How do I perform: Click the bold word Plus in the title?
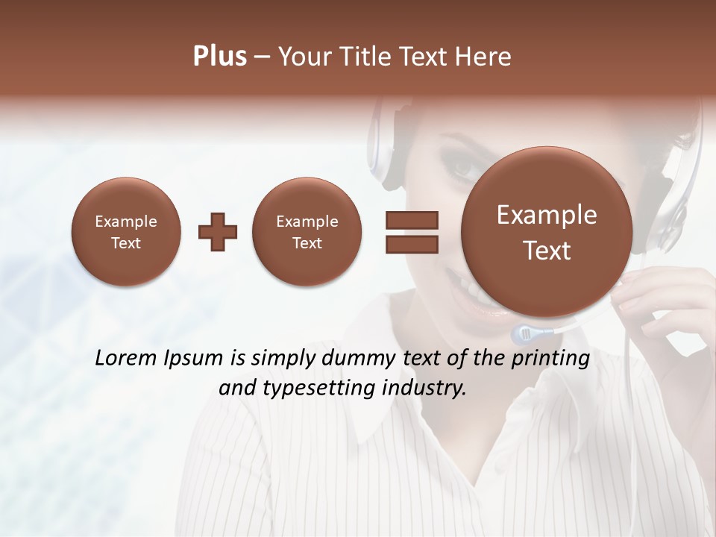(219, 57)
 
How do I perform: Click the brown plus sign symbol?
(218, 232)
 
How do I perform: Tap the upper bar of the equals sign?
(412, 220)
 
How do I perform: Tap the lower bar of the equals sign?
(412, 245)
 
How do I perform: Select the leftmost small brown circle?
(126, 231)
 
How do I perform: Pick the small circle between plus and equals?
(307, 231)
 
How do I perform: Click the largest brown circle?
(547, 231)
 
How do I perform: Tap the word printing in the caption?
(550, 359)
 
